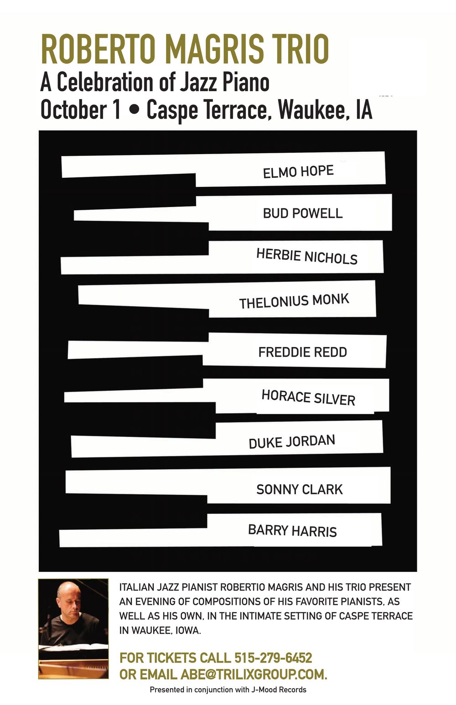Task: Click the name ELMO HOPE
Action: [298, 172]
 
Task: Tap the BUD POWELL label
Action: [302, 213]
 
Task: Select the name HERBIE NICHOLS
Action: [306, 256]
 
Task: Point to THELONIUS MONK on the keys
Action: [294, 301]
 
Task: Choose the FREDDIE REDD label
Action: [302, 352]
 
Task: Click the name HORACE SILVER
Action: [308, 398]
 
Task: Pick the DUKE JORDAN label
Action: [292, 441]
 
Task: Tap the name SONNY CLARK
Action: [299, 489]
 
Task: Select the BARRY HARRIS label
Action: [292, 531]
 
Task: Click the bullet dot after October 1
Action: [134, 110]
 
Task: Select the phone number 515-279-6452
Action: [273, 658]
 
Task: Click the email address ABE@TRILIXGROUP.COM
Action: [254, 674]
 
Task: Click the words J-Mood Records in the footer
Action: [278, 689]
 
